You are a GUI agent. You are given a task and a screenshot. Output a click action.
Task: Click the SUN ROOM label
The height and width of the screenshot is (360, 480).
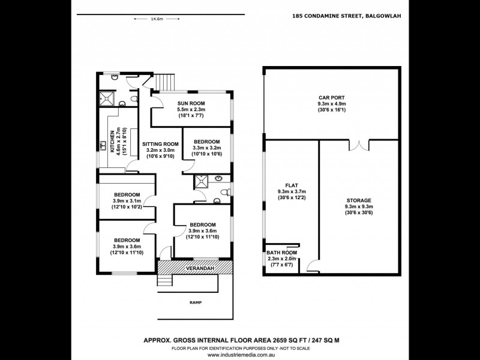click(191, 103)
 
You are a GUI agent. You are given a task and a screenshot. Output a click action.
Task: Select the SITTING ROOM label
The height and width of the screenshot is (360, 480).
click(160, 144)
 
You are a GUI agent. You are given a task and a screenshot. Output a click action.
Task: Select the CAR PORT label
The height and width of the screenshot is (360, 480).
click(331, 97)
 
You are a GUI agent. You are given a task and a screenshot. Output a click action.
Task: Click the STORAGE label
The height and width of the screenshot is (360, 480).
click(359, 200)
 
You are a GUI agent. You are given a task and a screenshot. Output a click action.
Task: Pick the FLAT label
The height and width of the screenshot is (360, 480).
click(290, 185)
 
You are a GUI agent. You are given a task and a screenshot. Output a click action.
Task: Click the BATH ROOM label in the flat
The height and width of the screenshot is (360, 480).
click(281, 253)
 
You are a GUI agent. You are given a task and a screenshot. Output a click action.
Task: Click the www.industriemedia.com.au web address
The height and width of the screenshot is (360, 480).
click(240, 354)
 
